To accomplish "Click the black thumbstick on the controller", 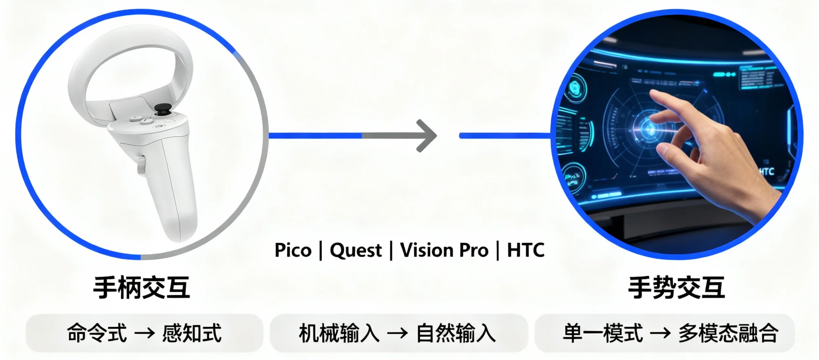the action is point(163,109).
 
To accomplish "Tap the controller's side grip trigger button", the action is point(141,165).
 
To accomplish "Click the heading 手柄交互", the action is point(142,287).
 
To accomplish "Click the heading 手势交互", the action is point(676,287).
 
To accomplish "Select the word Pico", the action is point(293,251).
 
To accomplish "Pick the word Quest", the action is point(356,251).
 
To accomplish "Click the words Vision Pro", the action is point(444,251).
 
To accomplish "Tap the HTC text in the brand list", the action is point(526,251).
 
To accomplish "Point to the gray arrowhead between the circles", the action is point(427,136).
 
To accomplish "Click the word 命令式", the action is point(97,333).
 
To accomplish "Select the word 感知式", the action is point(192,333).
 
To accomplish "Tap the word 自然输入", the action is point(456,333).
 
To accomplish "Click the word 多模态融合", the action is point(728,333).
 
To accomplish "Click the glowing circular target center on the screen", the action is point(647,128).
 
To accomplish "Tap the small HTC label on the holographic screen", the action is point(766,171).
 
